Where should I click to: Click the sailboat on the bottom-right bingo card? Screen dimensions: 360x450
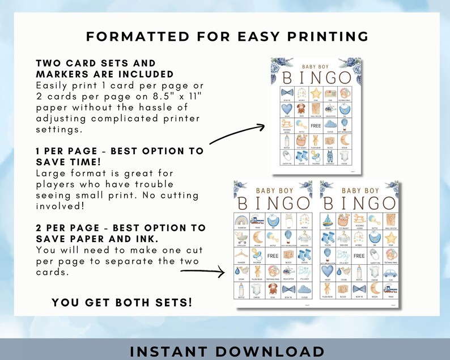point(327,221)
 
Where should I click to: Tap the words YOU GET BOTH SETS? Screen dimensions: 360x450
point(122,302)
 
